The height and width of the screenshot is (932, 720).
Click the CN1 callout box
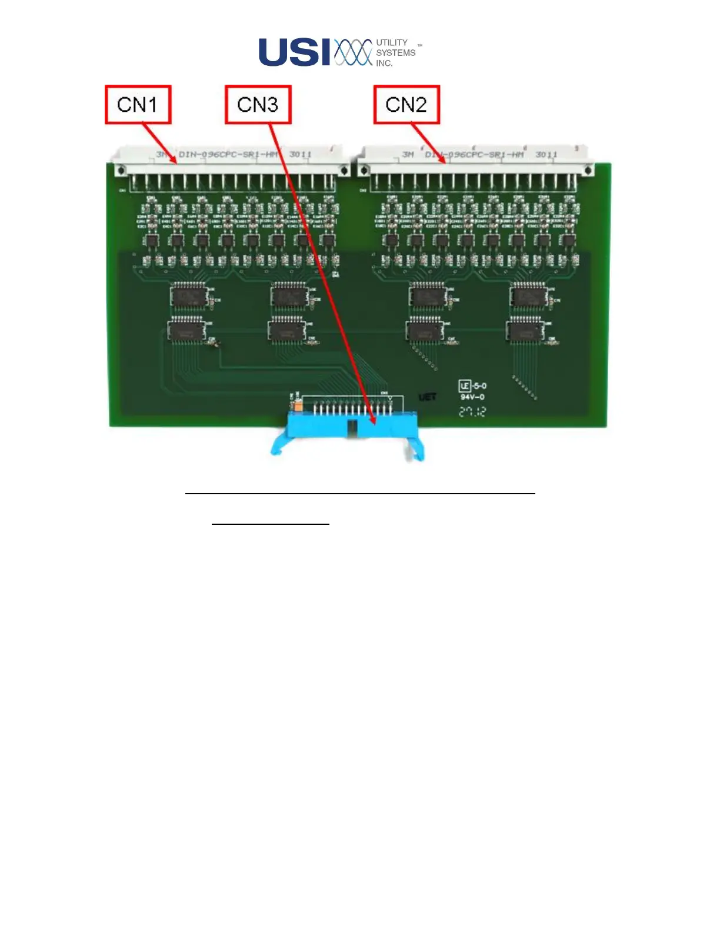(x=138, y=105)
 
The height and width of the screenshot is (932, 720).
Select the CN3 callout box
(x=258, y=105)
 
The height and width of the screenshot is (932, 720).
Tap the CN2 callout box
(x=406, y=105)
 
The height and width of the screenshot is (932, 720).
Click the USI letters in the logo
(x=295, y=52)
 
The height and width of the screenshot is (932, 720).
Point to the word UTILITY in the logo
(x=392, y=42)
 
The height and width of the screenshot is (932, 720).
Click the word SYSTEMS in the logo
(x=396, y=52)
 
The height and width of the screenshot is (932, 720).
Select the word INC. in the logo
(x=384, y=63)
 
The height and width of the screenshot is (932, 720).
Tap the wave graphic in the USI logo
(x=353, y=52)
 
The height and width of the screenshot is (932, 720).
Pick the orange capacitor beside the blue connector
(x=298, y=405)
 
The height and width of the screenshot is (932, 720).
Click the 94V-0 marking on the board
(x=472, y=397)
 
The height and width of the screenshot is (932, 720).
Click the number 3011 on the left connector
(x=300, y=154)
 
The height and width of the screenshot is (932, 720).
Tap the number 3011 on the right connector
(x=546, y=154)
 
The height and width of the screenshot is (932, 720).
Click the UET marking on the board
(x=427, y=397)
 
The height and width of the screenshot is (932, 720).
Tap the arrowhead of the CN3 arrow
(x=373, y=420)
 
